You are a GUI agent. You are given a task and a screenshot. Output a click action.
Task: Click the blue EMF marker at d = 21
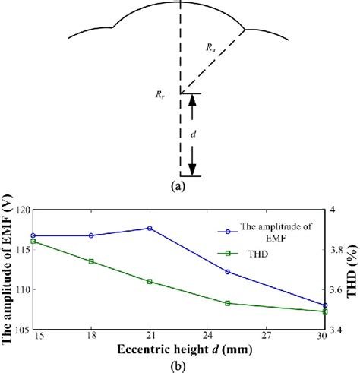click(x=150, y=228)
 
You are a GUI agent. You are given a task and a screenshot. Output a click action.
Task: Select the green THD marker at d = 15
click(x=33, y=241)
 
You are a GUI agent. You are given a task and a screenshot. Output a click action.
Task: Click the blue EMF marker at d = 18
click(x=91, y=235)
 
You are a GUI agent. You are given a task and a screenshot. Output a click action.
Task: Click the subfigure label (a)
click(x=179, y=185)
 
